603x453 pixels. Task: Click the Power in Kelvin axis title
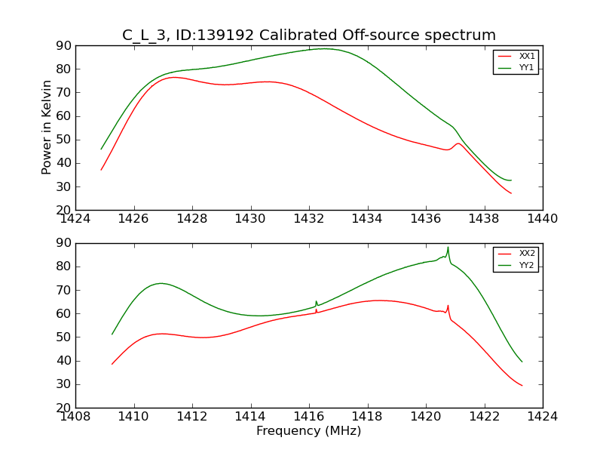click(47, 127)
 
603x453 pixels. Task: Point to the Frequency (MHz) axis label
click(308, 431)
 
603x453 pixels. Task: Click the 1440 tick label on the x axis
click(542, 219)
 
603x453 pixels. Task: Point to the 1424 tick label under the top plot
click(75, 219)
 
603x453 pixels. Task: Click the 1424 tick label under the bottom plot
click(542, 416)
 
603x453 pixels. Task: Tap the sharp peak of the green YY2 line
click(448, 248)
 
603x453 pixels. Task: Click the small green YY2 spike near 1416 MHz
click(316, 301)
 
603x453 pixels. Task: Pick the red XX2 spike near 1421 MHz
click(448, 306)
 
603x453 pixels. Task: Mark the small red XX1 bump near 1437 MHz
click(458, 143)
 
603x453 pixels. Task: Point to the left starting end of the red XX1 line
click(101, 170)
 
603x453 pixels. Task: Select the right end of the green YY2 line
click(522, 362)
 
